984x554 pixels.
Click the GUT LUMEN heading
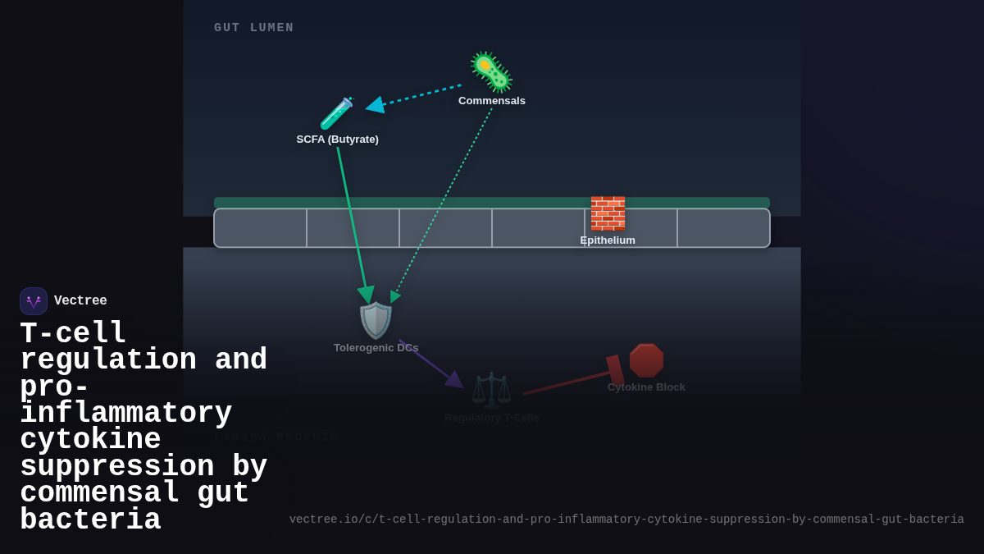point(253,28)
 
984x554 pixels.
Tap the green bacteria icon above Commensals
point(491,72)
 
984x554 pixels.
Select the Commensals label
point(492,101)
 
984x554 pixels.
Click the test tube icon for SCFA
point(336,114)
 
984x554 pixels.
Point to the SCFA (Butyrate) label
point(337,140)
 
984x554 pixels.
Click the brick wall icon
point(608,213)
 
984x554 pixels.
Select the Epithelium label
point(608,240)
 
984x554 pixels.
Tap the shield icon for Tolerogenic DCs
point(376,320)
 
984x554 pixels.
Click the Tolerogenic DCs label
point(376,348)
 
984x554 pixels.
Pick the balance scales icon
point(491,389)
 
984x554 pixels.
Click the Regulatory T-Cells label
point(491,418)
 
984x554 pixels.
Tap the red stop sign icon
point(646,360)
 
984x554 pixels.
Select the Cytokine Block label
point(646,387)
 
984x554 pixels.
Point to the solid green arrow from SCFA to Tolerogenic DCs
point(353,222)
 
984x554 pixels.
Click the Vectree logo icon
point(34,301)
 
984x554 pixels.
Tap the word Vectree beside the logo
point(80,301)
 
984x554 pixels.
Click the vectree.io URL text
point(626,520)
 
